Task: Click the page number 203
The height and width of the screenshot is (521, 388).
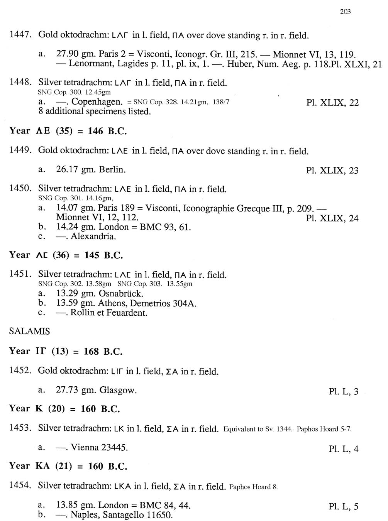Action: (345, 12)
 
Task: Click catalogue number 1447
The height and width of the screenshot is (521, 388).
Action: (20, 35)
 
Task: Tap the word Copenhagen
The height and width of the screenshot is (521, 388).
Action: (97, 102)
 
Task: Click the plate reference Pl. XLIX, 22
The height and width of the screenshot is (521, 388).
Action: (332, 103)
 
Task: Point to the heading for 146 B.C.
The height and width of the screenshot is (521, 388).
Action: (68, 131)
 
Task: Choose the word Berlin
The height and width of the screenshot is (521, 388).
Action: (112, 169)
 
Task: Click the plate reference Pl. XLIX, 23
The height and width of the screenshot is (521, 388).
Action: (332, 170)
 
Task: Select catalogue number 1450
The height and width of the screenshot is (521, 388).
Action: (20, 188)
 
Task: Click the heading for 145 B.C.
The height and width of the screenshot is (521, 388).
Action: (66, 255)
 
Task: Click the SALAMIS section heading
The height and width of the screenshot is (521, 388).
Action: (29, 331)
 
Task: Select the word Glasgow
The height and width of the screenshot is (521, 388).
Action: (118, 390)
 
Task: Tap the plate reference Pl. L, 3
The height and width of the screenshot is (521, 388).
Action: (343, 391)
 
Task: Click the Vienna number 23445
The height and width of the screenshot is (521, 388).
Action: (114, 448)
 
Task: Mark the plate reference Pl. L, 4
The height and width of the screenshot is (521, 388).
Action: (343, 448)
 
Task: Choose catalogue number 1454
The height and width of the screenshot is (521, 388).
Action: (20, 485)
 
